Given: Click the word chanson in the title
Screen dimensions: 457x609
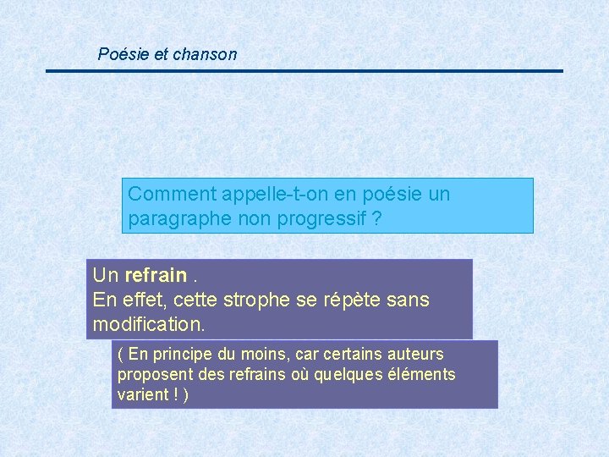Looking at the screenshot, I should tap(205, 55).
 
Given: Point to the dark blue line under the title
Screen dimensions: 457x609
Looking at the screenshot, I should tap(304, 71).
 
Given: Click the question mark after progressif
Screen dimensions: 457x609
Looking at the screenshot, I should tap(376, 219).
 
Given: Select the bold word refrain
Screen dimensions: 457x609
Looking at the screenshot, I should tap(156, 275).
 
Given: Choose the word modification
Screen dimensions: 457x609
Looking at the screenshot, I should tap(149, 324).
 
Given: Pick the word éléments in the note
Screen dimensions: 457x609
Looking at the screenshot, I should tap(423, 374).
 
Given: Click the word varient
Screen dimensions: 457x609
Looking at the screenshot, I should tap(141, 395).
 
